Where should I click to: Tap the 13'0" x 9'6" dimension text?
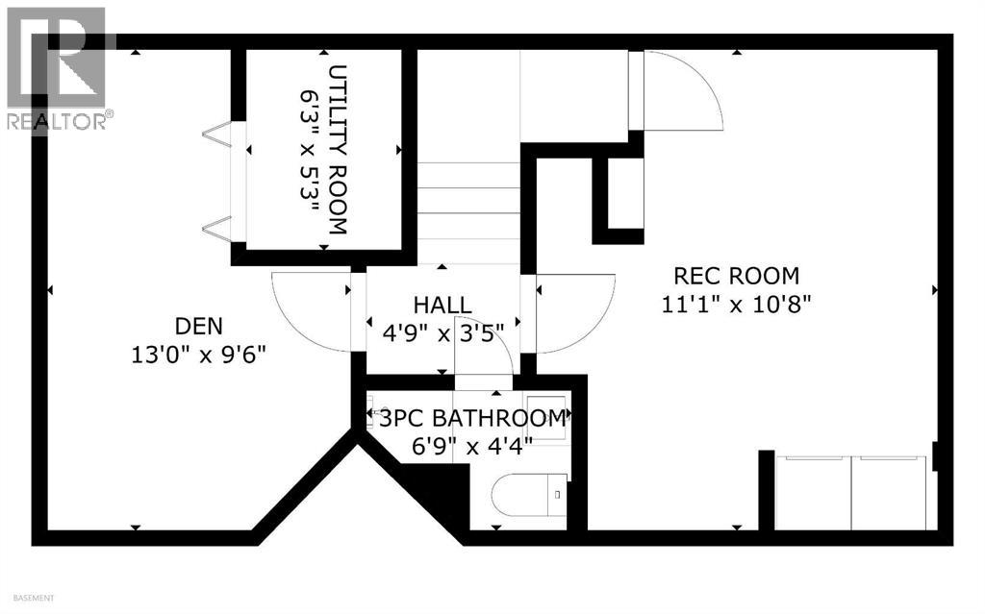(198, 355)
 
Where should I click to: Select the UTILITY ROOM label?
(338, 150)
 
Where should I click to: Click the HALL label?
(442, 305)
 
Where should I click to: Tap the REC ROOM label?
(736, 277)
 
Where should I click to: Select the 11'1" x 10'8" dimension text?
(736, 304)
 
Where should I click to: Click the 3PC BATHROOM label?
(471, 419)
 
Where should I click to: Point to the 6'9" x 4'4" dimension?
(471, 446)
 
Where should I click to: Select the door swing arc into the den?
(310, 313)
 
